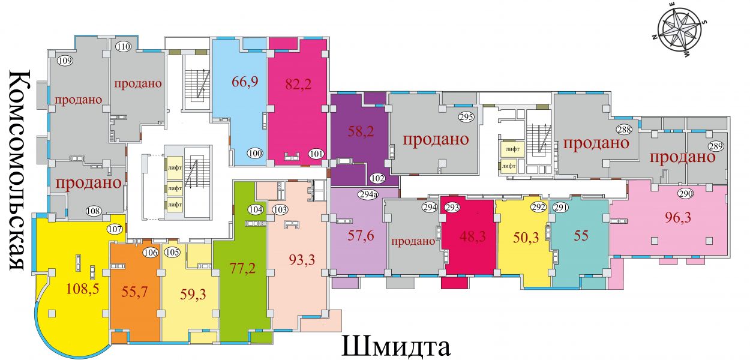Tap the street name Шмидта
click(396, 347)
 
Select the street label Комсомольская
click(17, 170)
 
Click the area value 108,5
click(83, 289)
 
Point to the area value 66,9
click(245, 81)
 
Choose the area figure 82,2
click(298, 84)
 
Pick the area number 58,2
click(361, 131)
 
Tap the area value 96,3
click(678, 218)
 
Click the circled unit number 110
click(124, 47)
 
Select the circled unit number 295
click(467, 117)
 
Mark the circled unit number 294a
click(368, 194)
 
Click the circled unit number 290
click(685, 194)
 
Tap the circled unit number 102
click(377, 178)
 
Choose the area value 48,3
click(472, 237)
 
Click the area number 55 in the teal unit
click(581, 236)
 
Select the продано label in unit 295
click(436, 139)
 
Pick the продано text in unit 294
click(413, 241)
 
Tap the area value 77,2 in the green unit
click(243, 268)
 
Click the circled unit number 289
click(716, 146)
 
